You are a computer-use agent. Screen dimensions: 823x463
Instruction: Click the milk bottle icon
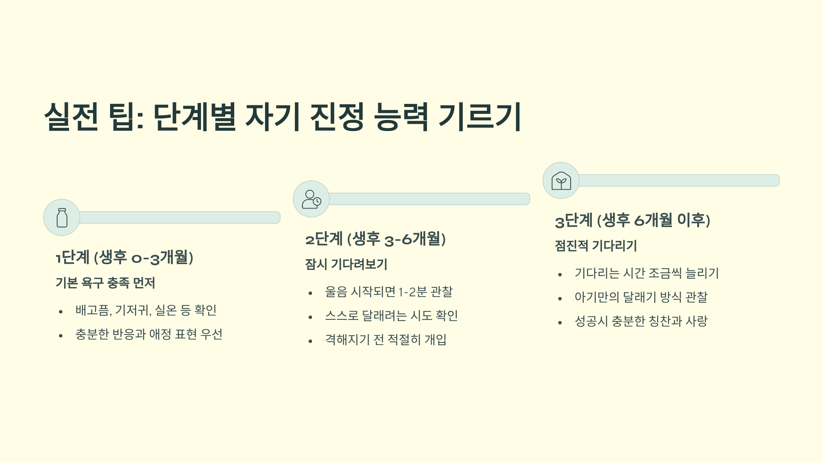click(x=62, y=217)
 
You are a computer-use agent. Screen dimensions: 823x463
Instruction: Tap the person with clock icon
click(x=311, y=199)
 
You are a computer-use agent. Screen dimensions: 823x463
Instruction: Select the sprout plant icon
click(x=561, y=180)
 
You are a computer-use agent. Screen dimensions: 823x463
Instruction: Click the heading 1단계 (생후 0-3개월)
click(x=124, y=258)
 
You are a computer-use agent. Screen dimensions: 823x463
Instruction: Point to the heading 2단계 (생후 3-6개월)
click(x=375, y=239)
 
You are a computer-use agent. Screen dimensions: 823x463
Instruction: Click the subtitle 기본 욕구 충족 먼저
click(x=105, y=283)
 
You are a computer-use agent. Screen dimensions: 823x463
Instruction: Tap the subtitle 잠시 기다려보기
click(x=346, y=264)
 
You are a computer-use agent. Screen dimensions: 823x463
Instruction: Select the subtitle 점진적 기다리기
click(x=596, y=246)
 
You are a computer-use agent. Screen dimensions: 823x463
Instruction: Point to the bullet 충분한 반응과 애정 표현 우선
click(x=149, y=334)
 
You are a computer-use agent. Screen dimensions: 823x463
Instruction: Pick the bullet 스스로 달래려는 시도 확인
click(x=391, y=316)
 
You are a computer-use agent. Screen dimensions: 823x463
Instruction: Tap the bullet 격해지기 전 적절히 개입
click(x=386, y=340)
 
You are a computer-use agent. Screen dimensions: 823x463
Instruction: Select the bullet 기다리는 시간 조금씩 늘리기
click(x=646, y=273)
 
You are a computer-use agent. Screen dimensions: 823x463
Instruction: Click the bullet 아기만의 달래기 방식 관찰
click(x=641, y=297)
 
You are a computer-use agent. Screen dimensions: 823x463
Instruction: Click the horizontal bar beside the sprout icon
click(x=679, y=180)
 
